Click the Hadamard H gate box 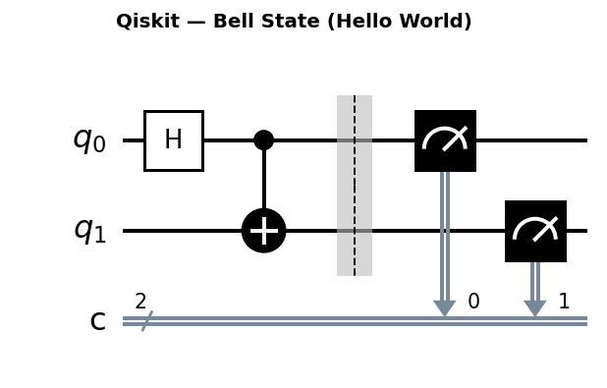pyautogui.click(x=173, y=140)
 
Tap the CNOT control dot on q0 pyautogui.click(x=263, y=140)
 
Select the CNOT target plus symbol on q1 pyautogui.click(x=263, y=231)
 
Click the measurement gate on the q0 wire pyautogui.click(x=445, y=140)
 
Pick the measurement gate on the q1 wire pyautogui.click(x=535, y=231)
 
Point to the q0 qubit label pyautogui.click(x=88, y=139)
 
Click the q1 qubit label pyautogui.click(x=88, y=230)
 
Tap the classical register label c pyautogui.click(x=97, y=320)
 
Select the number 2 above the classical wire pyautogui.click(x=140, y=302)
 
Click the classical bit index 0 pyautogui.click(x=473, y=302)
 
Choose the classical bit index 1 pyautogui.click(x=564, y=302)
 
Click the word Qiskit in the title pyautogui.click(x=146, y=22)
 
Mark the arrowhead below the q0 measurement pyautogui.click(x=445, y=308)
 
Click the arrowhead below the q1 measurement pyautogui.click(x=535, y=308)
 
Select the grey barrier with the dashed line pyautogui.click(x=355, y=186)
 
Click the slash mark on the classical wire pyautogui.click(x=146, y=321)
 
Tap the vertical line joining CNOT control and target pyautogui.click(x=263, y=182)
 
